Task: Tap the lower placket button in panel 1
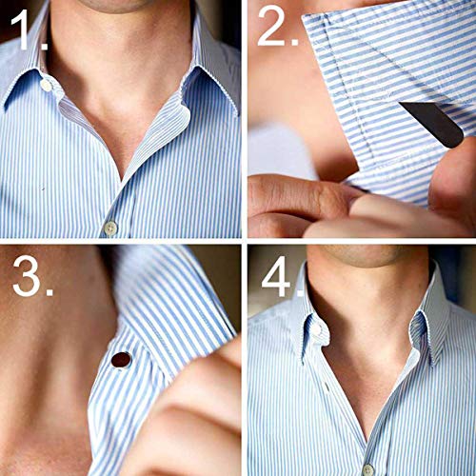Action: (110, 228)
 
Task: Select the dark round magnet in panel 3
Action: (121, 360)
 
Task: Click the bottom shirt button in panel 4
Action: (367, 468)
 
